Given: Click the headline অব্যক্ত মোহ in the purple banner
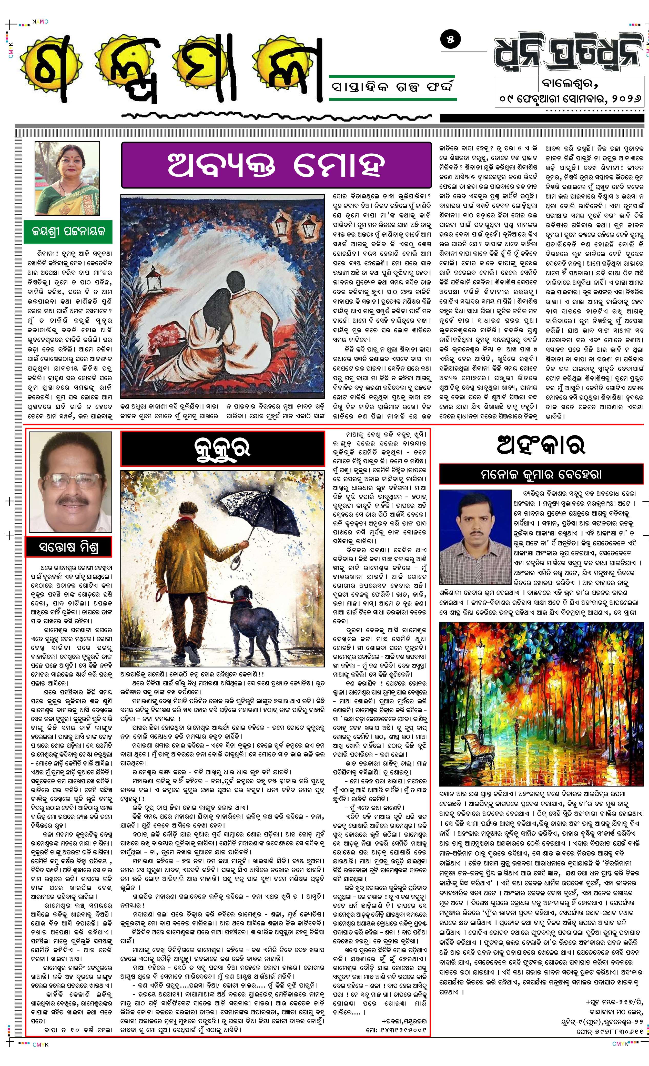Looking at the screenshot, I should click(276, 165).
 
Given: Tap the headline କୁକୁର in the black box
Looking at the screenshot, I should click(222, 449).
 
